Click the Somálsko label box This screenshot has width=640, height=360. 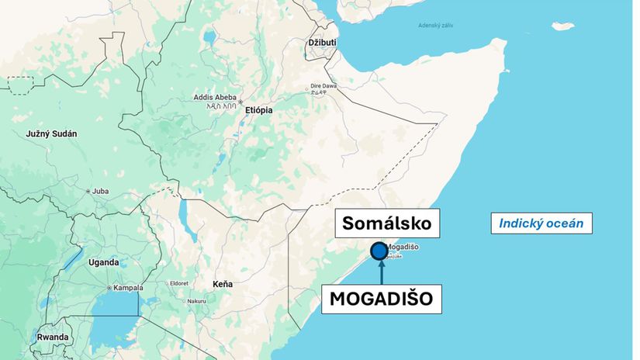click(x=387, y=225)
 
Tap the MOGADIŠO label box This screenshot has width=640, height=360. click(x=381, y=298)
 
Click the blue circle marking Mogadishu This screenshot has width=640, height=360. click(x=379, y=251)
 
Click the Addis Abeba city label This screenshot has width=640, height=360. click(x=216, y=97)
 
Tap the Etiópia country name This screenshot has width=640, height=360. click(x=258, y=110)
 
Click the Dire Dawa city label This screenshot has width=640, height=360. click(x=323, y=85)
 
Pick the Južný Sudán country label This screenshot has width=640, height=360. click(x=51, y=133)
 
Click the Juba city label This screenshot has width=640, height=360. click(x=100, y=190)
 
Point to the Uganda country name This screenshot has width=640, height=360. click(x=103, y=262)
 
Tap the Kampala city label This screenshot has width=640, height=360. click(x=128, y=288)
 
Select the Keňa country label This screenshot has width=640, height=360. click(x=223, y=284)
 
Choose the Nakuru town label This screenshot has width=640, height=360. click(x=196, y=301)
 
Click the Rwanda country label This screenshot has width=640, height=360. click(x=52, y=337)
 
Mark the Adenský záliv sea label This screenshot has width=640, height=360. click(x=436, y=26)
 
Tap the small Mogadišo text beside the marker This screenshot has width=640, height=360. click(x=403, y=247)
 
